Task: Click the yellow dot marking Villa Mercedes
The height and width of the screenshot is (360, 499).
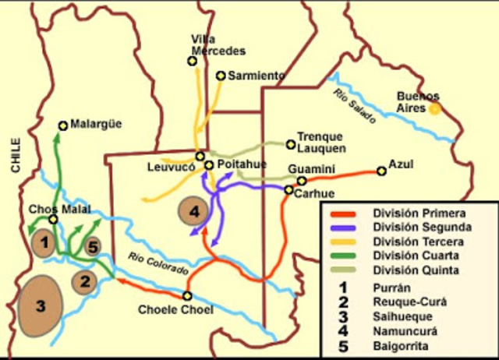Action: click(192, 61)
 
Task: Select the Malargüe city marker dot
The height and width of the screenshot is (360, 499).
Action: click(64, 124)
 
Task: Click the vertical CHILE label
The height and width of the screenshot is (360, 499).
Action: click(14, 154)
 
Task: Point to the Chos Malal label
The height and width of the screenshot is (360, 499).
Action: click(58, 209)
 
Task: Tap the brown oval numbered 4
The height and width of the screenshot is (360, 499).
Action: click(194, 210)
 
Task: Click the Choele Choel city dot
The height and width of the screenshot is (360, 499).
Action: click(187, 295)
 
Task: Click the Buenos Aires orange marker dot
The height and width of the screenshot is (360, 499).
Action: click(435, 109)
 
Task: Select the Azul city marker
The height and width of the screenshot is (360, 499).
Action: click(381, 171)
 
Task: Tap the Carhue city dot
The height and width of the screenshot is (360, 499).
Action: click(288, 190)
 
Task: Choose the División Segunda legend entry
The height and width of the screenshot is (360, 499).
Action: click(421, 227)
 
